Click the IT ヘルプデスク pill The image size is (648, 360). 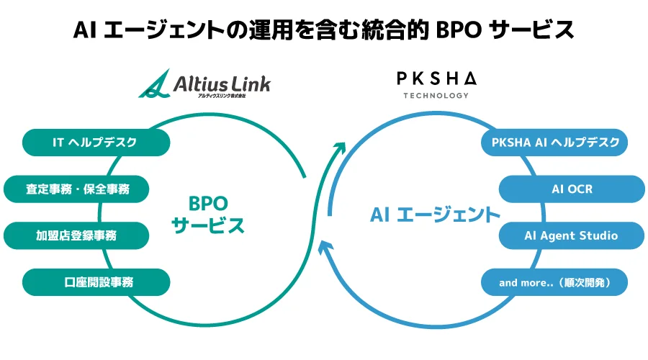point(96,142)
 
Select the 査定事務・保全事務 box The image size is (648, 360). point(77,189)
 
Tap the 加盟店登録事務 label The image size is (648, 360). point(77,235)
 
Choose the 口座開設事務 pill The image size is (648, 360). point(96,282)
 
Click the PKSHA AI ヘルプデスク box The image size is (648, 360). point(554,142)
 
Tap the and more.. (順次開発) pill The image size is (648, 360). point(554,282)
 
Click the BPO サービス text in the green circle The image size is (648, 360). point(208,213)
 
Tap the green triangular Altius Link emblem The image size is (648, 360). point(154,86)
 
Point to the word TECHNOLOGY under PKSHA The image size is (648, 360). point(436,95)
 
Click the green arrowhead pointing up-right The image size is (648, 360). point(338,148)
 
